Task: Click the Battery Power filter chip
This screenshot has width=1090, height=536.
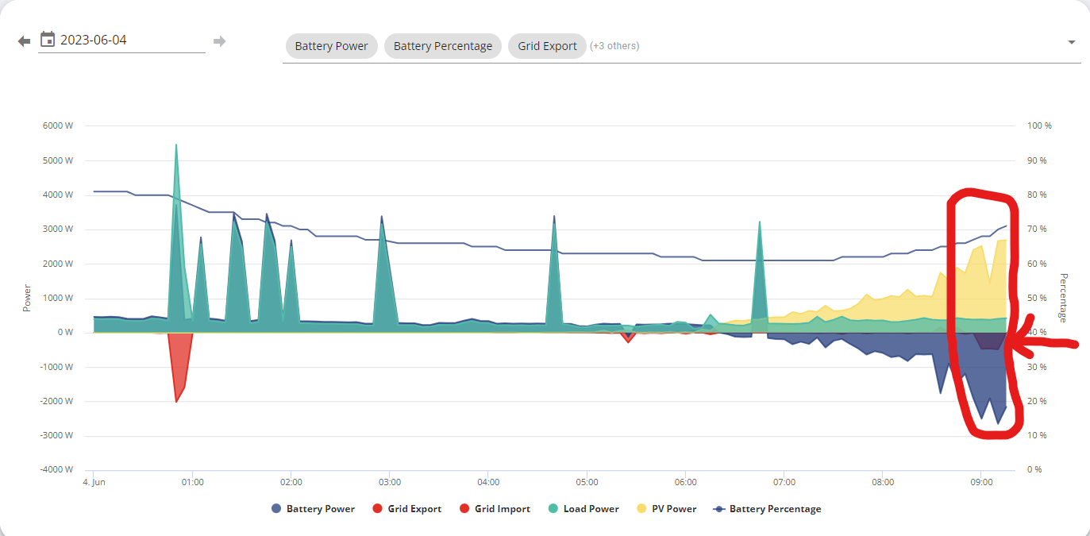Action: (x=331, y=46)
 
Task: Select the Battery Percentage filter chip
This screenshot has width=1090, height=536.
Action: (x=443, y=46)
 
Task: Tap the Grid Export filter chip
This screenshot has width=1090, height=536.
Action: (x=547, y=46)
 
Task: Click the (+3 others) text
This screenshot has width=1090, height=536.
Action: (x=614, y=46)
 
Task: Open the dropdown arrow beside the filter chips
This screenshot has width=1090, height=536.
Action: (x=1072, y=42)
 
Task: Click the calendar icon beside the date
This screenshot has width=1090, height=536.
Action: (x=47, y=40)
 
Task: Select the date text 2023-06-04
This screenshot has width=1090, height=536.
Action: (x=94, y=40)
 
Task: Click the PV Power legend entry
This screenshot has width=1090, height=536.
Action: (x=667, y=509)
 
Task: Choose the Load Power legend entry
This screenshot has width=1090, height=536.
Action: (x=584, y=509)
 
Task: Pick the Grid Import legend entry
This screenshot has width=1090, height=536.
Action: (x=495, y=509)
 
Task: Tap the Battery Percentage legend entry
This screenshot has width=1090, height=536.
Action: (x=767, y=509)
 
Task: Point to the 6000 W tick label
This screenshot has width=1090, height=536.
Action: (x=58, y=125)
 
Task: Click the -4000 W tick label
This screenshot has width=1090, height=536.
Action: (x=56, y=470)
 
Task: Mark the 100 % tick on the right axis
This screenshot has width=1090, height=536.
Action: (x=1039, y=125)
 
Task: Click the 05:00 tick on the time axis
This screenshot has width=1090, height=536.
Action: (x=587, y=482)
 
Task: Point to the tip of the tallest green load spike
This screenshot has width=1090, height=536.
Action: (x=176, y=145)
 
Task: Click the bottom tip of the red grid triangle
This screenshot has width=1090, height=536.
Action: (x=176, y=402)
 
